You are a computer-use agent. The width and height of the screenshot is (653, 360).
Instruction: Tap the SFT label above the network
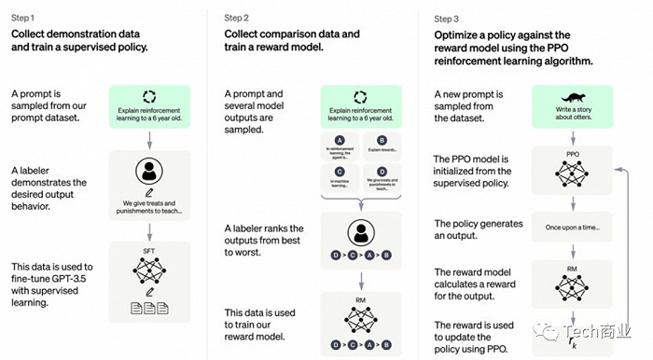click(149, 251)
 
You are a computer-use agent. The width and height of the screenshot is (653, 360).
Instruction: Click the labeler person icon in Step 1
click(149, 172)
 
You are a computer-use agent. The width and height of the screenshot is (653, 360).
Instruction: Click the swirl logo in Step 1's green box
click(149, 96)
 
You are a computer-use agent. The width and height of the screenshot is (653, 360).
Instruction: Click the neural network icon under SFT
click(149, 270)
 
